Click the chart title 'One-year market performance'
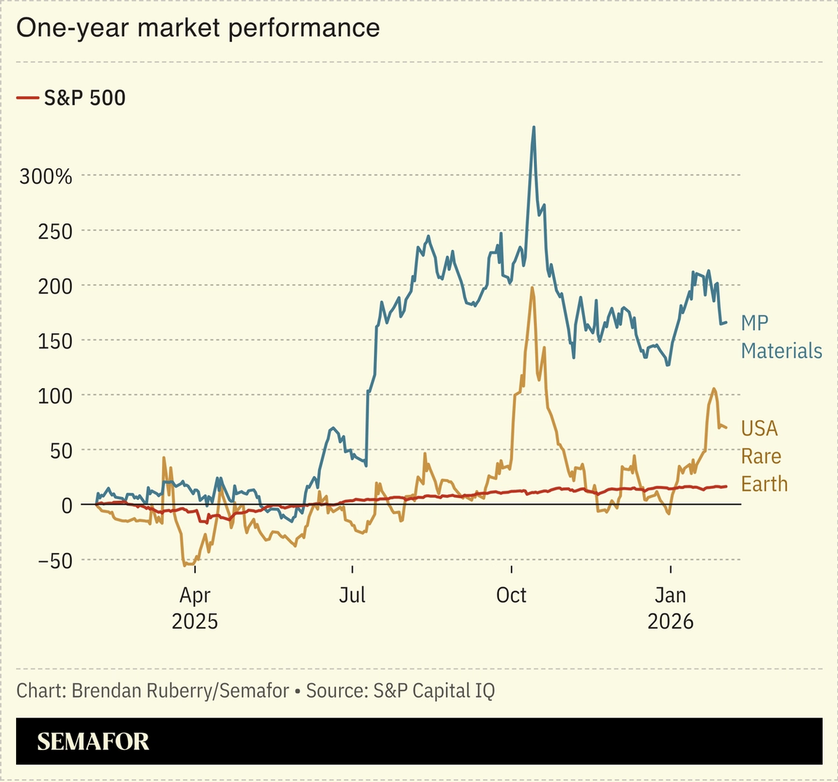click(x=198, y=28)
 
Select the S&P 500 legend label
click(x=84, y=97)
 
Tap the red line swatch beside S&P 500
click(x=27, y=97)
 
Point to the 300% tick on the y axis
click(x=46, y=176)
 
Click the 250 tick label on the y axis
click(x=55, y=231)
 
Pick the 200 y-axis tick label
click(x=55, y=286)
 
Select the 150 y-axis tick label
click(x=55, y=341)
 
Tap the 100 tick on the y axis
click(x=55, y=395)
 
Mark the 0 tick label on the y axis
click(x=66, y=505)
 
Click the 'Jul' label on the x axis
click(x=352, y=595)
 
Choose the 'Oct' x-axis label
click(x=511, y=595)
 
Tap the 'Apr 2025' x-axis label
click(x=194, y=608)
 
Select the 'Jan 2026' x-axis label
click(x=670, y=608)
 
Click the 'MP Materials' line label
click(x=781, y=336)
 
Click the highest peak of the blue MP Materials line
click(x=534, y=127)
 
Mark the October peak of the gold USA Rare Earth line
click(x=532, y=288)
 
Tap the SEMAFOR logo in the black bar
click(x=93, y=741)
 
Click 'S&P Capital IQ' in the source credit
click(x=434, y=690)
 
